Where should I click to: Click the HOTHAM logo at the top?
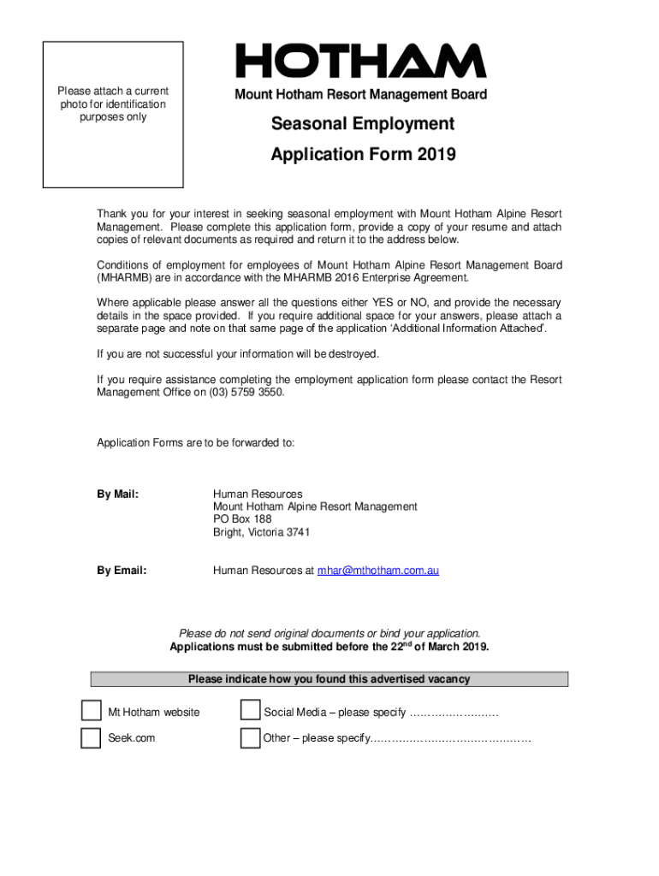click(360, 62)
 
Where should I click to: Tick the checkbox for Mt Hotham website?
click(91, 712)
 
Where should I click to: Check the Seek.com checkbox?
click(91, 738)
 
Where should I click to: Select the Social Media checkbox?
click(250, 712)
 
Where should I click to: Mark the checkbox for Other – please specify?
click(250, 738)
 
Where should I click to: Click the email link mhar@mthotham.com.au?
click(377, 570)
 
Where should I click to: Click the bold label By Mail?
click(118, 494)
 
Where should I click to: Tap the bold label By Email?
click(122, 570)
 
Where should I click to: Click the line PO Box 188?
click(242, 519)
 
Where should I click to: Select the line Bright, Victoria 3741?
click(261, 532)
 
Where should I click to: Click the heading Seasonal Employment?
click(363, 125)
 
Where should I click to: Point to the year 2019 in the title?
click(436, 155)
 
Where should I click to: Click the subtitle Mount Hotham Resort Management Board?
click(360, 95)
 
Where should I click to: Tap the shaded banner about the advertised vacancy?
click(329, 679)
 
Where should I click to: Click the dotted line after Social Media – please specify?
click(454, 713)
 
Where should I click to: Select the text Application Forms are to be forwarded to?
click(195, 442)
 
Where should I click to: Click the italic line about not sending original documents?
click(329, 634)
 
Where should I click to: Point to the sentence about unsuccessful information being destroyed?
click(237, 354)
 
